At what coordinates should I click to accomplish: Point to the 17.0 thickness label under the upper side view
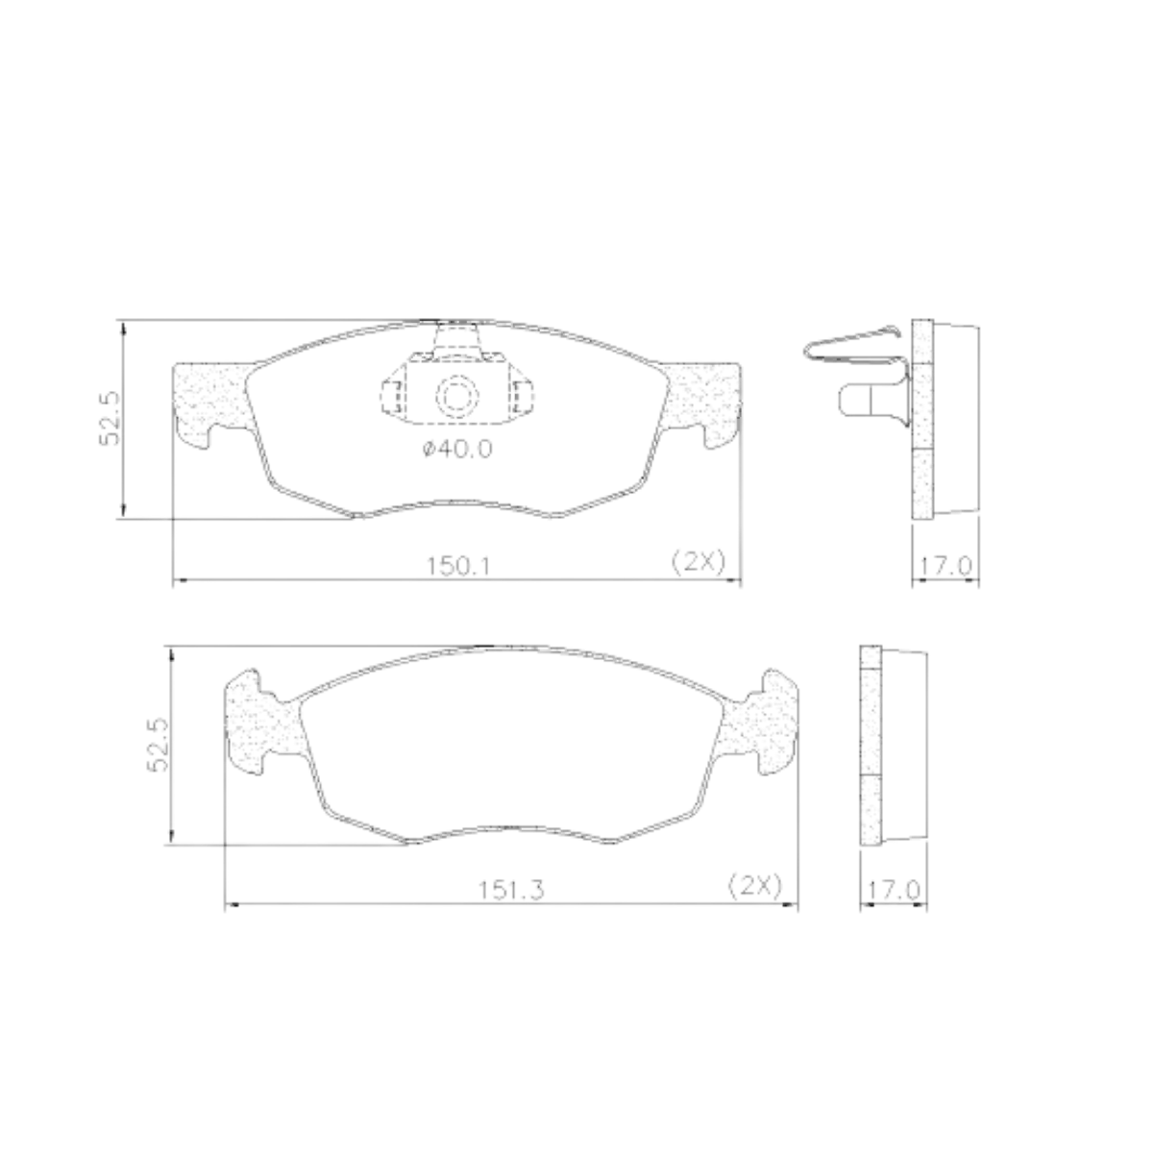[x=944, y=566]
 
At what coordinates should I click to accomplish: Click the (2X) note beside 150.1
[x=697, y=562]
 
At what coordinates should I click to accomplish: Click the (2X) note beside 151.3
[x=754, y=885]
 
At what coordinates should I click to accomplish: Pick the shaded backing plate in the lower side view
[x=870, y=745]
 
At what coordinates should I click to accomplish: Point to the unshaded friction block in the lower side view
[x=904, y=745]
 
